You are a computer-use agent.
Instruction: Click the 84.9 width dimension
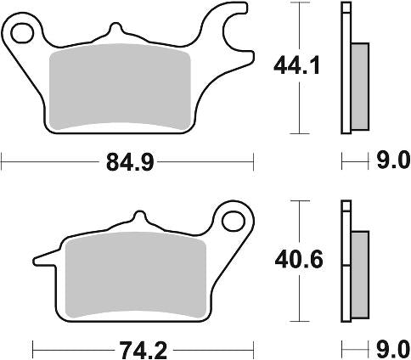(x=130, y=162)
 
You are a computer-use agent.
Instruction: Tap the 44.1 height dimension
(x=296, y=65)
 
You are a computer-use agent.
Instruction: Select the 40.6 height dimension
(x=299, y=260)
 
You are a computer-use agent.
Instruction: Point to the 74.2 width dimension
(x=143, y=351)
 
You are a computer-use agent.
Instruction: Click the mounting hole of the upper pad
(x=22, y=33)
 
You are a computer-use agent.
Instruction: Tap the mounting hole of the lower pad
(x=234, y=222)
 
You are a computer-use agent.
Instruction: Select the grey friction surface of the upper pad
(x=120, y=87)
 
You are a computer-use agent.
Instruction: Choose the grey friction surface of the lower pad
(x=135, y=274)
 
